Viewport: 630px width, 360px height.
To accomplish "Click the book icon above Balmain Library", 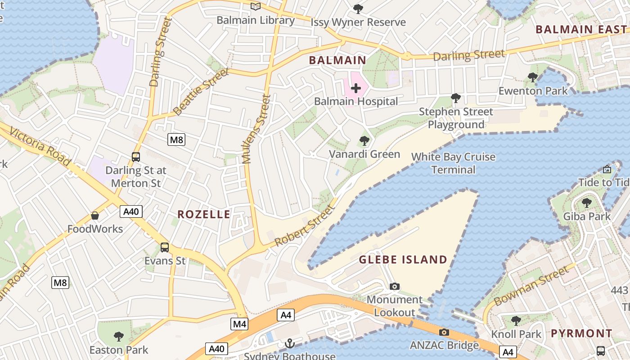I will [256, 6].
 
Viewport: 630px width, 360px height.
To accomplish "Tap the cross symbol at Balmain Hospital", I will [355, 88].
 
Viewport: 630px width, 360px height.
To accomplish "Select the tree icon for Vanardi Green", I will [364, 141].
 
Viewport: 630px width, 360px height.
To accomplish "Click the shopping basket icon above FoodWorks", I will [95, 216].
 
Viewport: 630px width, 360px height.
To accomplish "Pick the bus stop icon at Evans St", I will [165, 247].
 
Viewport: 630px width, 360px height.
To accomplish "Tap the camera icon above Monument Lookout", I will [395, 286].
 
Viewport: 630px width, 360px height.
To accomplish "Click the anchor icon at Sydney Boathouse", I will [289, 343].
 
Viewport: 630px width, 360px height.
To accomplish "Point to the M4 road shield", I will [239, 324].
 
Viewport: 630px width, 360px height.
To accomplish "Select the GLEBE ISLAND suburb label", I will [403, 260].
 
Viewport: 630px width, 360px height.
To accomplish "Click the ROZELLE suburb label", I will [204, 215].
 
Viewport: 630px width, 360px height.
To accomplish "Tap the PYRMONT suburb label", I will [581, 333].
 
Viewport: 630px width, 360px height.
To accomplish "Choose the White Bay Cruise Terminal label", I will [453, 163].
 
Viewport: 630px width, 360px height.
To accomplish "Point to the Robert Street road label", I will [305, 225].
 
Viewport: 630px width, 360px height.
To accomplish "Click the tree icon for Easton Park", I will [119, 336].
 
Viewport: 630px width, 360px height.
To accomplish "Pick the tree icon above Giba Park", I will [586, 202].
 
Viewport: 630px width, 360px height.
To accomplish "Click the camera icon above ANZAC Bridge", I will [444, 332].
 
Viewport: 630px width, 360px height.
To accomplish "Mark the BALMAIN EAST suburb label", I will [581, 30].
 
